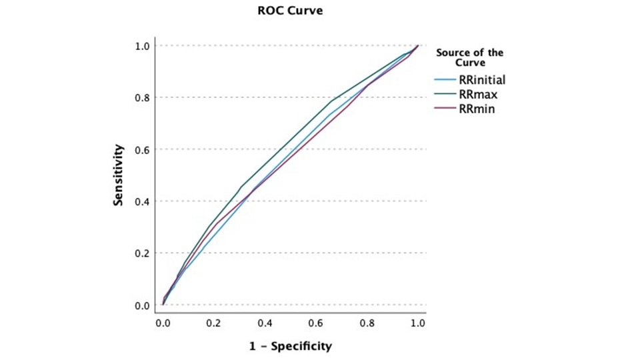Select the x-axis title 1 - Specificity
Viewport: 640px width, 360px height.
coord(291,346)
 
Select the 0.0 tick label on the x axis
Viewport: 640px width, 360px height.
coord(163,322)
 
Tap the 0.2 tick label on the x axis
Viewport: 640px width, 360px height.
coord(213,322)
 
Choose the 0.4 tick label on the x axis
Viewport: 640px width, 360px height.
coord(265,322)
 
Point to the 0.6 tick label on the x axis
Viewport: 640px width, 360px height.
coord(315,322)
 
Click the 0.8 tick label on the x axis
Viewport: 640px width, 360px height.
coord(367,322)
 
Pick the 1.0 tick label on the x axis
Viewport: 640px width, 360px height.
coord(417,322)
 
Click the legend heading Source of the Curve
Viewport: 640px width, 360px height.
coord(469,57)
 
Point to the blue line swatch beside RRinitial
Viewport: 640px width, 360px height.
coord(444,81)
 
